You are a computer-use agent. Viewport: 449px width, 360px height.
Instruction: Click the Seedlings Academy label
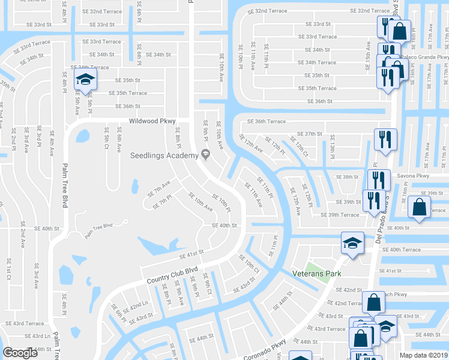pos(164,155)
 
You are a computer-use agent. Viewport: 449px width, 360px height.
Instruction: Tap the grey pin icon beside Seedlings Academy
pos(206,155)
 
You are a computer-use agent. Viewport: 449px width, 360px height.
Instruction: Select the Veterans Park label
pos(316,274)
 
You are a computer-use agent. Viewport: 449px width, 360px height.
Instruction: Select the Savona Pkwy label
pos(414,176)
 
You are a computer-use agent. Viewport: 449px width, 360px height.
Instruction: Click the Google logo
pos(20,352)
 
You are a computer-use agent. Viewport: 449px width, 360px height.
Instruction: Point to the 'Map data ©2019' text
pos(423,355)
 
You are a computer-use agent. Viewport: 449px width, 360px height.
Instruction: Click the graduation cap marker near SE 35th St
pos(85,78)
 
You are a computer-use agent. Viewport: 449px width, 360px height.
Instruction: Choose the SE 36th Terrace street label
pos(267,121)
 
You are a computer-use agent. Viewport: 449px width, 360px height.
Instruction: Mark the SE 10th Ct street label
pos(248,265)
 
